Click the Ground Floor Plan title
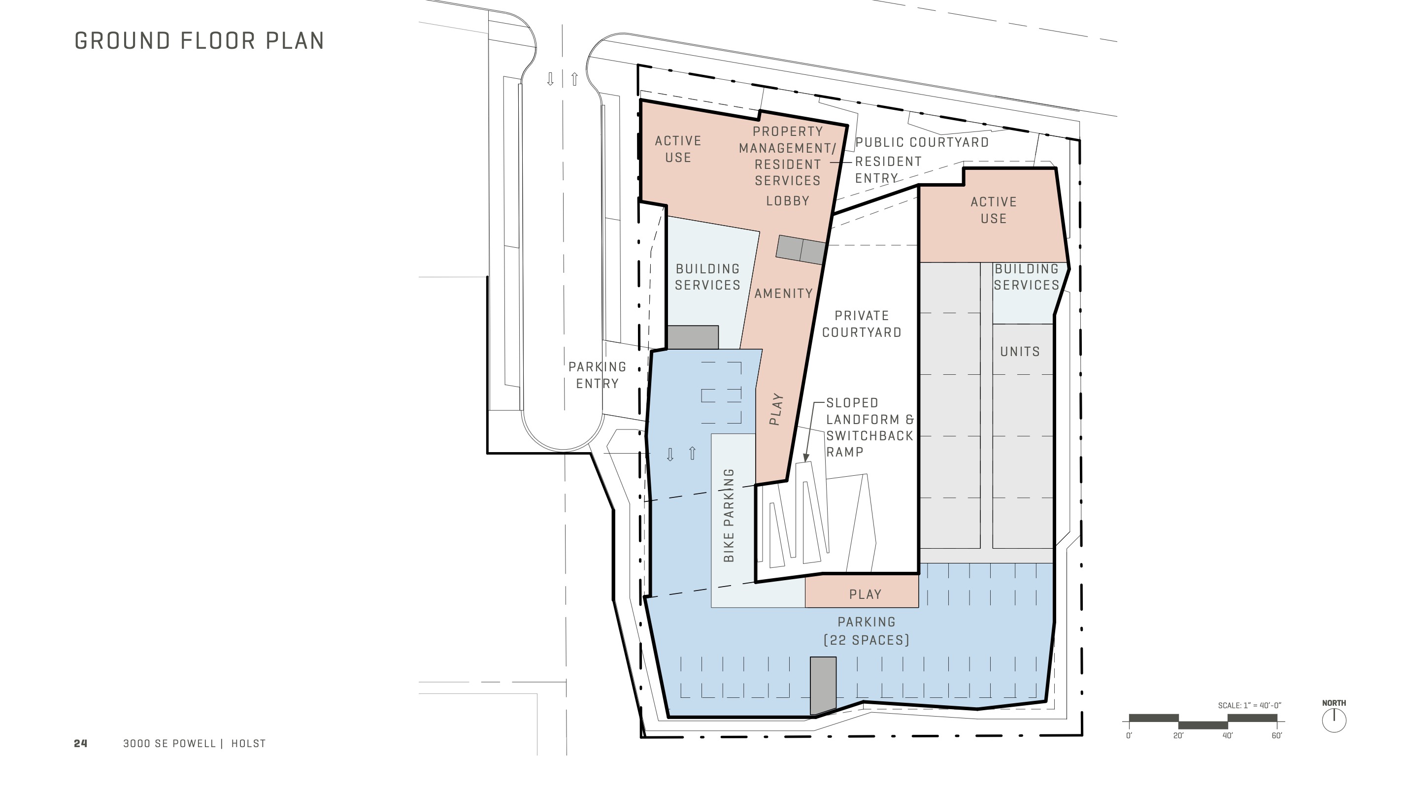click(x=200, y=41)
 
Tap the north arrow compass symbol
click(x=1334, y=721)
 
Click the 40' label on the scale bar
click(x=1228, y=736)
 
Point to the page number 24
click(x=81, y=743)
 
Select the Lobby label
click(x=788, y=201)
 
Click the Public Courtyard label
click(x=922, y=143)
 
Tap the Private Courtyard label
click(x=862, y=324)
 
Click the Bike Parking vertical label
click(x=729, y=515)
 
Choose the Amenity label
click(x=783, y=294)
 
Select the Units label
click(x=1020, y=352)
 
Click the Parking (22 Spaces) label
click(x=866, y=630)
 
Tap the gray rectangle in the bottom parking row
click(x=823, y=685)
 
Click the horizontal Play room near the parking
click(x=865, y=594)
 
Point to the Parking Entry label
click(x=597, y=375)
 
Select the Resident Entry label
click(x=888, y=170)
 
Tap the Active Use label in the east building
click(x=994, y=210)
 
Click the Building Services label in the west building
click(x=707, y=277)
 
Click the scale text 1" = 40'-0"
click(x=1249, y=705)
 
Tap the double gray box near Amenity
click(x=800, y=251)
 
